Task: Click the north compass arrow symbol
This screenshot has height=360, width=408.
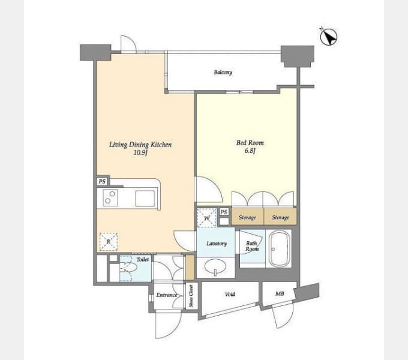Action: point(329,37)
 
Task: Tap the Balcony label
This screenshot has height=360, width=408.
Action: point(223,72)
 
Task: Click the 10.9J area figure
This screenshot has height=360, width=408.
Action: point(140,152)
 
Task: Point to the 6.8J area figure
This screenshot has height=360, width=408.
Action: point(250,151)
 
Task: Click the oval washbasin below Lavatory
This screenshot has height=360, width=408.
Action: point(215,267)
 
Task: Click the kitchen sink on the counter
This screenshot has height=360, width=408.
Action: point(145,199)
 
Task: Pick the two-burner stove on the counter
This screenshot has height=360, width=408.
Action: point(110,197)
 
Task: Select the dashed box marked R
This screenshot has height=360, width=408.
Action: point(109,242)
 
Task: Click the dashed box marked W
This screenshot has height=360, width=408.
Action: point(206,218)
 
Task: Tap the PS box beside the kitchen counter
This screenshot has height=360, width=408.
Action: point(102,181)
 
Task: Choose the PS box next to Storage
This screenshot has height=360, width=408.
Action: point(224,212)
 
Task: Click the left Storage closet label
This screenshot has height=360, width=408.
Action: point(247,217)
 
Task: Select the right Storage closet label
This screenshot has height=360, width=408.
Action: point(281,217)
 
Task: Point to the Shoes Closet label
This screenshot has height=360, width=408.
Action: point(191,296)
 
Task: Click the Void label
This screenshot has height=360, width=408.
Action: point(230,294)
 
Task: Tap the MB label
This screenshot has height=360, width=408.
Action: point(280,293)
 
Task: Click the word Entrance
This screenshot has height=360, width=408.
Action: point(167,295)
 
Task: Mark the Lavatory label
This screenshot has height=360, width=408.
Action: point(217,244)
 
